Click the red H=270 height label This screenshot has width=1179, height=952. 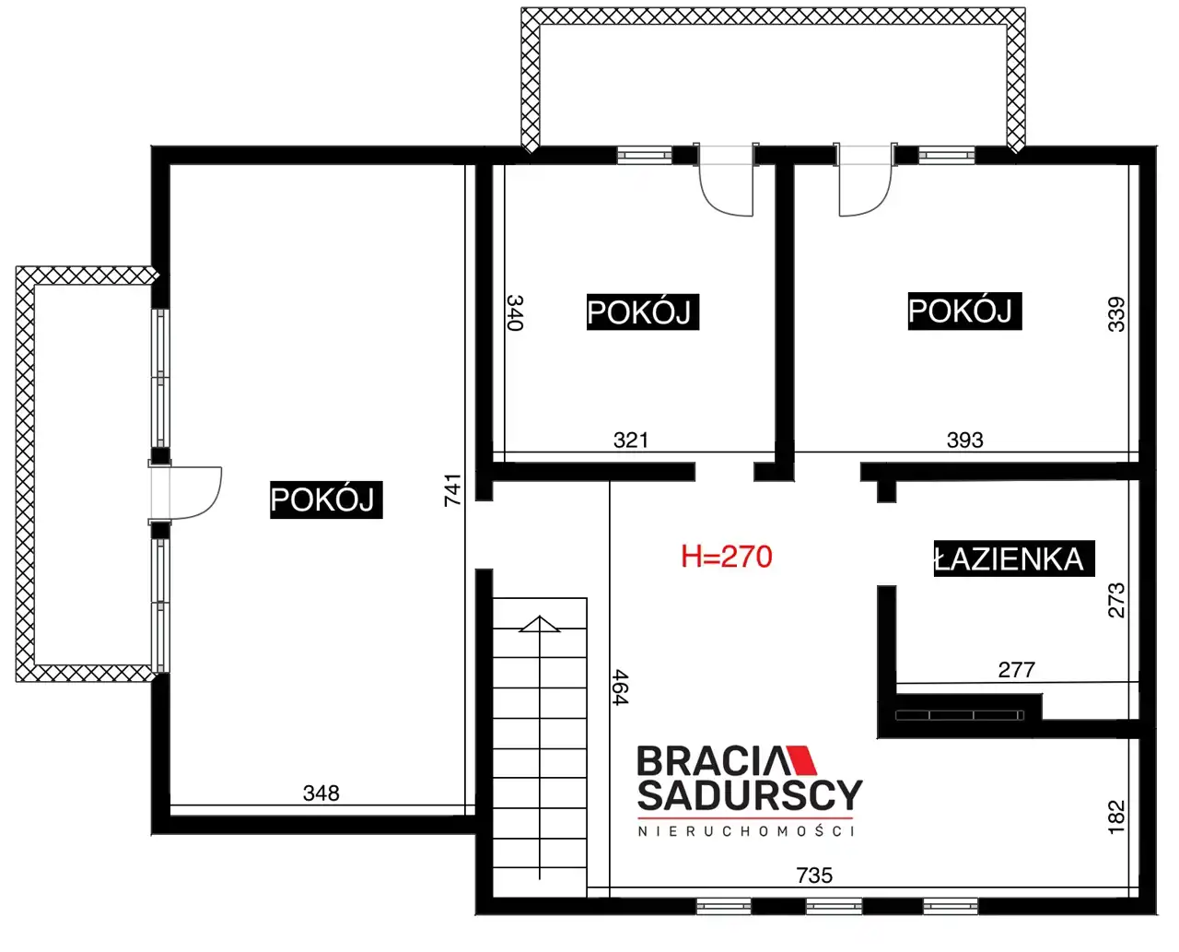point(726,557)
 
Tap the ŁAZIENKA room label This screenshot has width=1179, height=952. point(1014,558)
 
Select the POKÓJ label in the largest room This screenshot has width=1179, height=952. point(326,500)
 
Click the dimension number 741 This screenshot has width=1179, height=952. point(452,490)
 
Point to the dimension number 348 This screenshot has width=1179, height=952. point(321,793)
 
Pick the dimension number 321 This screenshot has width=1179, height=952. point(630,441)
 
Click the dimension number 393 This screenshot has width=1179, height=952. point(964,441)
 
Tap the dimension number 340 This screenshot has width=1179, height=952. point(515,313)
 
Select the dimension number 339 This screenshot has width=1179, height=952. point(1116,314)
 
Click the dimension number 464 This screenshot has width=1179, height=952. point(621,688)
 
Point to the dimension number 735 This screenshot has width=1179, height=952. point(814,876)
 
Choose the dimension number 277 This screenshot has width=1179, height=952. point(1016,670)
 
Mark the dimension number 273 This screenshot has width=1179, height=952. point(1116,600)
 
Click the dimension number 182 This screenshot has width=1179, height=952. point(1116,817)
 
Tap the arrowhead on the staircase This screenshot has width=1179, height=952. point(540,624)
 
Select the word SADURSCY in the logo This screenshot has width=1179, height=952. point(750,795)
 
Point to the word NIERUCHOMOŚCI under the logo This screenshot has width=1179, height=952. point(746,831)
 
